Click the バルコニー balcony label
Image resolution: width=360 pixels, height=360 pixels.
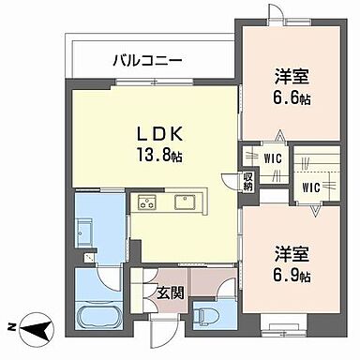point(147,61)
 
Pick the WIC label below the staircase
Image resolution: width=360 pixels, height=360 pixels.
point(311,187)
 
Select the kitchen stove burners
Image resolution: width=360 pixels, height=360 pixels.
point(148,202)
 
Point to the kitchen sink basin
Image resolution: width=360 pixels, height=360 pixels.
point(182,201)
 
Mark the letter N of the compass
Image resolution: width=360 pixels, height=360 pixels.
point(11,326)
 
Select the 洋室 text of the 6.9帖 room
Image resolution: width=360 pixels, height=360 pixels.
point(291,252)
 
